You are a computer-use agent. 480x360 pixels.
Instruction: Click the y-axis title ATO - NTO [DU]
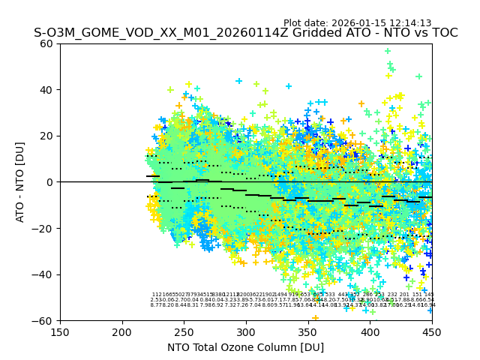[21, 181]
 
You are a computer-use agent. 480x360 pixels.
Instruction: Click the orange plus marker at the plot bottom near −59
[315, 318]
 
